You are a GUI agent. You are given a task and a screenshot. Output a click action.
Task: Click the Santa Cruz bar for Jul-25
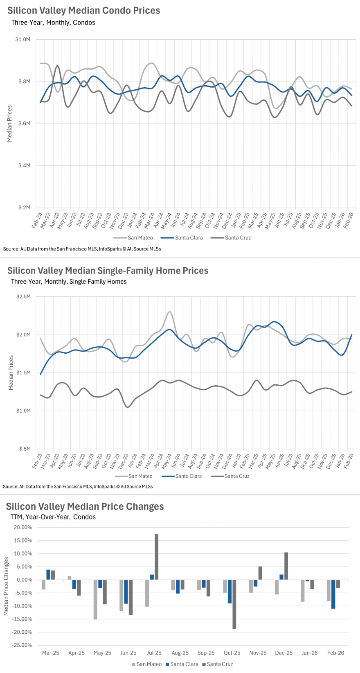(x=156, y=557)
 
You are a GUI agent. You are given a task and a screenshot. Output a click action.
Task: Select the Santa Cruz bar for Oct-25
(x=234, y=604)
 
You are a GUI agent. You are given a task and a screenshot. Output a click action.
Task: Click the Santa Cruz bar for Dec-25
(x=286, y=566)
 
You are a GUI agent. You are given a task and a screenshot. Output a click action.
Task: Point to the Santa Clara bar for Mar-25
(x=48, y=575)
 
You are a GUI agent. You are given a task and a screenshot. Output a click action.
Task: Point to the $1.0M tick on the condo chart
(x=23, y=40)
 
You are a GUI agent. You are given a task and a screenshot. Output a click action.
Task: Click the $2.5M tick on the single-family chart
(x=23, y=296)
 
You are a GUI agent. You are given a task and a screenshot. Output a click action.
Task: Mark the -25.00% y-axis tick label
(x=23, y=645)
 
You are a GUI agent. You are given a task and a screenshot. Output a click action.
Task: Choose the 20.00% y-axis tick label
(x=23, y=527)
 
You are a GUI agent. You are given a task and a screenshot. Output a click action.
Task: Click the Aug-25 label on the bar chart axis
(x=180, y=653)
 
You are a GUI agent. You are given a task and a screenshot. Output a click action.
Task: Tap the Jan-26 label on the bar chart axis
(x=310, y=653)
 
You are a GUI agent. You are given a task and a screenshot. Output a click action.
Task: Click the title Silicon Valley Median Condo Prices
(x=84, y=11)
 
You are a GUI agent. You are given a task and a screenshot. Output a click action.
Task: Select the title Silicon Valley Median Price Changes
(x=85, y=506)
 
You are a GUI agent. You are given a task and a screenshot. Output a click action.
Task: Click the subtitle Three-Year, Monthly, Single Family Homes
(x=69, y=282)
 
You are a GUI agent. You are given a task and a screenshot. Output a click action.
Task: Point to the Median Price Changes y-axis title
(x=6, y=586)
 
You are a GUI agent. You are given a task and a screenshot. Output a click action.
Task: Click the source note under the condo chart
(x=82, y=249)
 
